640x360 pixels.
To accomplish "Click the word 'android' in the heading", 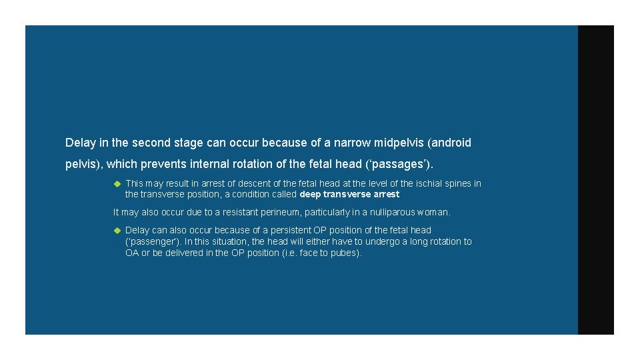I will coord(451,143).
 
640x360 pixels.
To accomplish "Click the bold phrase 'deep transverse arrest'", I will coord(350,195).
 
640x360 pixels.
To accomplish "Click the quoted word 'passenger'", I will coord(153,241).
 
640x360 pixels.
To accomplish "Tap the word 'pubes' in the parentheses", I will coord(347,253).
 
